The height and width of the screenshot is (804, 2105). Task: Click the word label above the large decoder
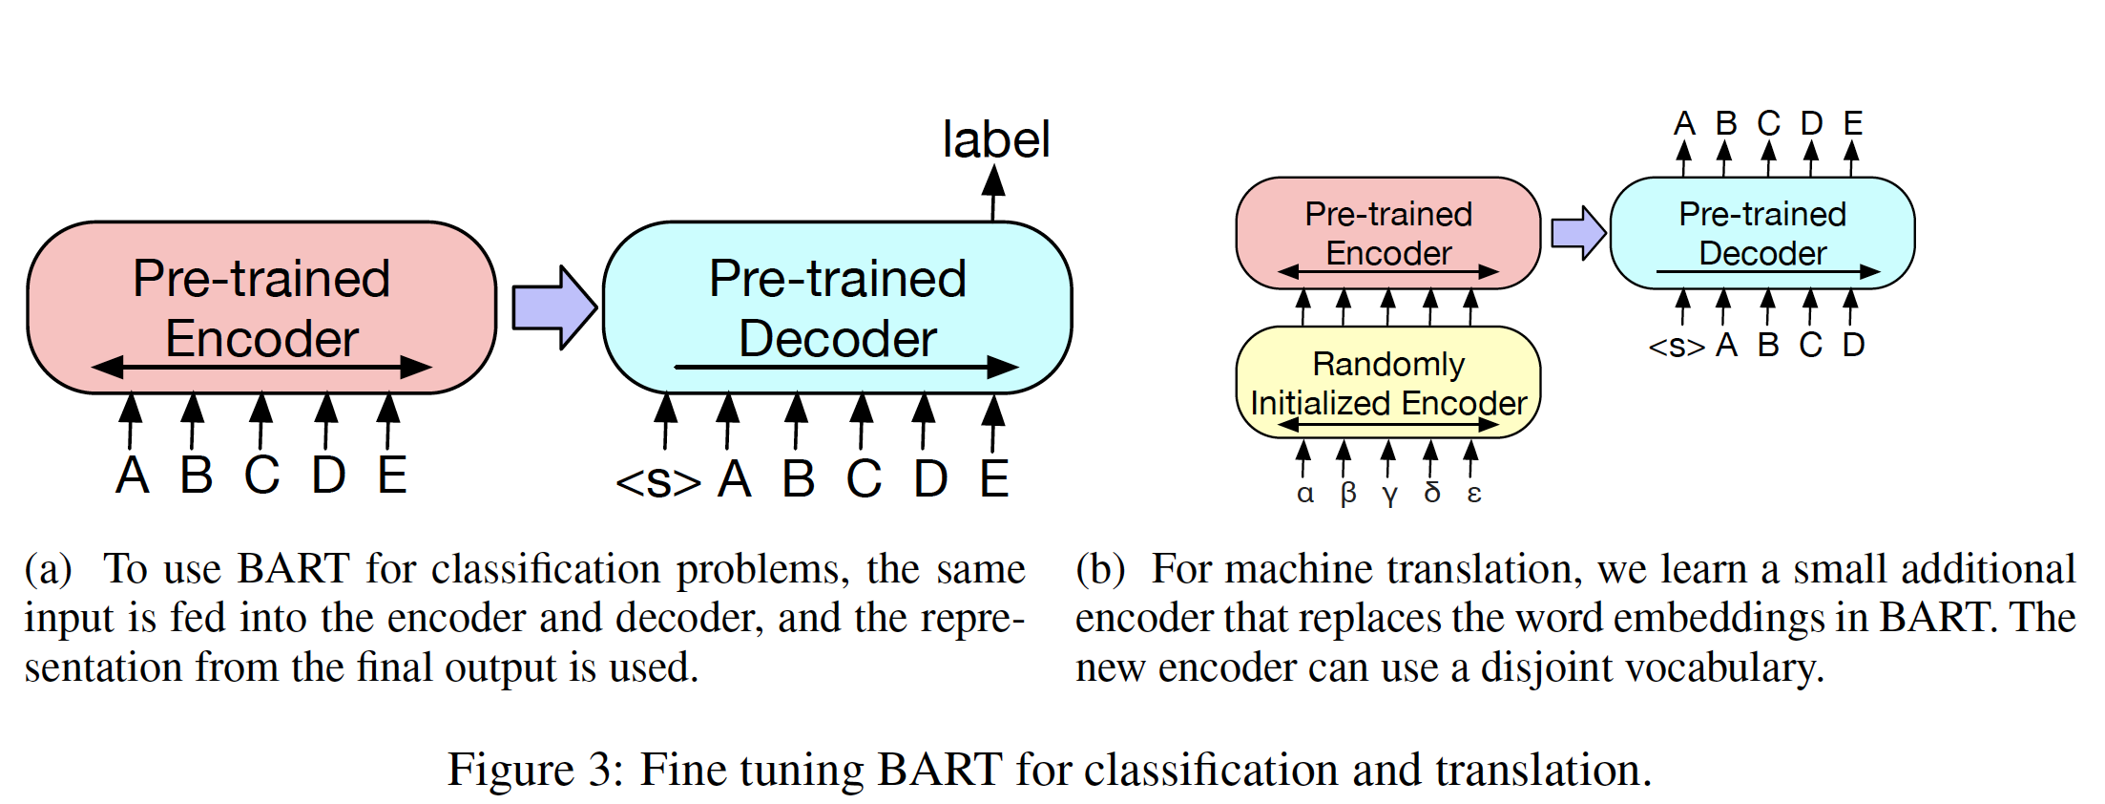pos(995,140)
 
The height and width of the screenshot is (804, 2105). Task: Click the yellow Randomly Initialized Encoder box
pos(1387,382)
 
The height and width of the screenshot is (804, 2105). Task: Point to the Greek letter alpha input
pos(1304,494)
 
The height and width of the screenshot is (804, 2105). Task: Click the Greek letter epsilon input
pos(1473,494)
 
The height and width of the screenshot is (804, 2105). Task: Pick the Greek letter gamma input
pos(1389,495)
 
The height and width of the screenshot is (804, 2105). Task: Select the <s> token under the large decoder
pos(657,481)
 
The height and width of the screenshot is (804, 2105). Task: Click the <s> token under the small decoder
pos(1676,346)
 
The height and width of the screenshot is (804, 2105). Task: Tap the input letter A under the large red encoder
pos(133,476)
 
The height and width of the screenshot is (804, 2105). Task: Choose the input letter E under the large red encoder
pos(391,476)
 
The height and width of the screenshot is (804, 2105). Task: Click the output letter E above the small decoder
pos(1852,123)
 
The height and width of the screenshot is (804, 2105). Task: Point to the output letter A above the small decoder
pos(1684,123)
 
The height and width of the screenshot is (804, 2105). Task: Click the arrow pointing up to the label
pos(993,192)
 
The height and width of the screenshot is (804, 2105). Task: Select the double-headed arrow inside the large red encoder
pos(261,367)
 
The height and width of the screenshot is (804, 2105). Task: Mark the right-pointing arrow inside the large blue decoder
pos(845,367)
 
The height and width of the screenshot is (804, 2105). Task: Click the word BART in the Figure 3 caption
pos(939,770)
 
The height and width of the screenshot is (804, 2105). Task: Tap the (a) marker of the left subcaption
pos(48,569)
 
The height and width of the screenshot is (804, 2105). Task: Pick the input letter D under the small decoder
pos(1853,345)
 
